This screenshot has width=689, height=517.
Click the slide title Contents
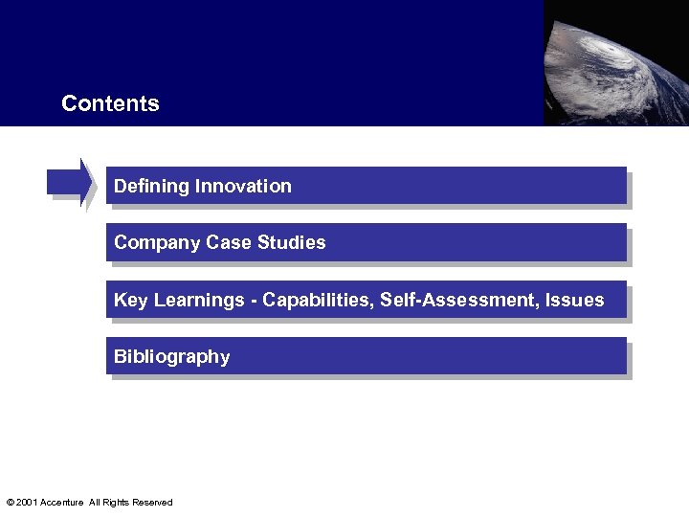tap(110, 103)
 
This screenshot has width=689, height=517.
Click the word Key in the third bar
tap(131, 301)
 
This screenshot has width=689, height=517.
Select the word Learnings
tap(199, 301)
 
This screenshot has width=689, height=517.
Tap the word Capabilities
tap(318, 301)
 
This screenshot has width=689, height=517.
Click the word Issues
tap(575, 301)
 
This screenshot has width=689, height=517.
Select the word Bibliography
tap(172, 357)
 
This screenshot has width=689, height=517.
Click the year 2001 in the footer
tap(27, 503)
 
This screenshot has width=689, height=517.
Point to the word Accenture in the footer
tap(62, 503)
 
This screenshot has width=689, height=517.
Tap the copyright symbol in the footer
tap(10, 503)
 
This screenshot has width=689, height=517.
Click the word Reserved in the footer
tap(152, 503)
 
